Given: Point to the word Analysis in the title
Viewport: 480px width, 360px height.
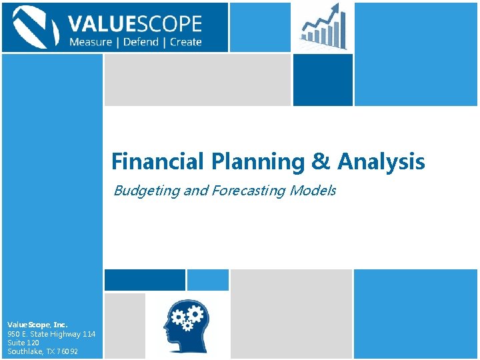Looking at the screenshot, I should (381, 161).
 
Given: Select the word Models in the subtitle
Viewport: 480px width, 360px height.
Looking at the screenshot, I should (314, 191).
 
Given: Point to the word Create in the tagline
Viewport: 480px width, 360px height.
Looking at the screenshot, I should (185, 42).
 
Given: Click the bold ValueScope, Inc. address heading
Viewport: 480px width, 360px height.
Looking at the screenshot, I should (37, 325).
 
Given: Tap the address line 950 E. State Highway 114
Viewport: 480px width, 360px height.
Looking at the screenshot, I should (51, 334).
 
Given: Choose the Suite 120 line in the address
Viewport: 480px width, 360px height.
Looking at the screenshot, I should (23, 343).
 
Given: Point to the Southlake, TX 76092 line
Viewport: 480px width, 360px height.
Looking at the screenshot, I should (43, 351).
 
